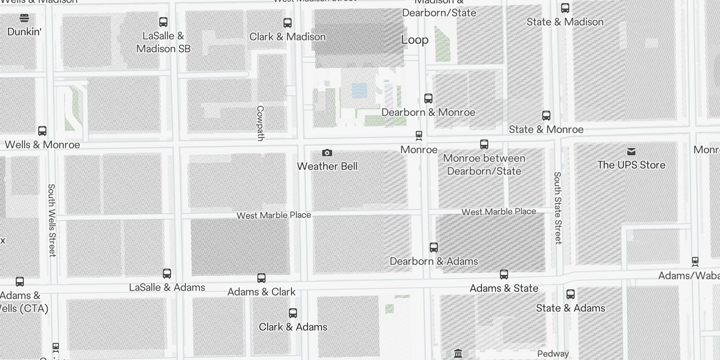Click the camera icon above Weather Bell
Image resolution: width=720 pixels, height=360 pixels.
327,153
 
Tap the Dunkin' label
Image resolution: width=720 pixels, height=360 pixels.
24,31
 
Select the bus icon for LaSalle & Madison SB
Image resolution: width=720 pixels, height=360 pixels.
163,22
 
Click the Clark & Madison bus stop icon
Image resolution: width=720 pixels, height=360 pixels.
287,22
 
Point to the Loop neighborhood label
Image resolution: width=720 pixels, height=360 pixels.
414,40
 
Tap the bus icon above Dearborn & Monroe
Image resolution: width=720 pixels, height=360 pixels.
428,98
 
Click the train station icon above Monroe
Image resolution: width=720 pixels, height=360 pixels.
419,135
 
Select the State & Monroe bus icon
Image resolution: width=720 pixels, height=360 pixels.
546,116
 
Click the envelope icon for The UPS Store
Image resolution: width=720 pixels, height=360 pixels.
631,152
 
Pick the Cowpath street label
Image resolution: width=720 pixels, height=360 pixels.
260,123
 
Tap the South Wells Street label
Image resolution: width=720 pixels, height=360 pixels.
52,220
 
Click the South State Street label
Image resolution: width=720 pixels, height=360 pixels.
558,208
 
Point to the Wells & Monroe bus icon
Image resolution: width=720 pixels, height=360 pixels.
42,131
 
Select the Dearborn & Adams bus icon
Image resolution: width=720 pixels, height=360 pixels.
434,247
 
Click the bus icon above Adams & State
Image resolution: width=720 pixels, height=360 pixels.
504,274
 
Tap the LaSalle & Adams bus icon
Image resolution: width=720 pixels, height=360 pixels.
167,274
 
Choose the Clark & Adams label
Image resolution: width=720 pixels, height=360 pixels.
293,327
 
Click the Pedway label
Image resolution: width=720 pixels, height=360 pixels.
553,354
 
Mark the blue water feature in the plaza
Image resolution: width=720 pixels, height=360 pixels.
359,91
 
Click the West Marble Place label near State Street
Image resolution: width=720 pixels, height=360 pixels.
499,211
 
